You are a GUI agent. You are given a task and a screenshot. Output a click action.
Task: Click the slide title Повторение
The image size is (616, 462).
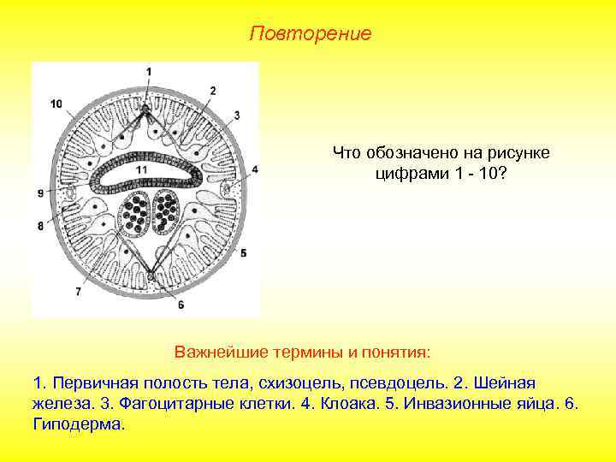pos(311,34)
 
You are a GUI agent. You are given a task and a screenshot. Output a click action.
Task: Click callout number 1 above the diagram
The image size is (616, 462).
pos(148,71)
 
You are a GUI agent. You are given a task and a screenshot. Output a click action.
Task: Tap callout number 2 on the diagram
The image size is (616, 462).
pos(213,91)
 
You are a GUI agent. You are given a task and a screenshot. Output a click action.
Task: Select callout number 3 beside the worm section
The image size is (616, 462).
pos(236,115)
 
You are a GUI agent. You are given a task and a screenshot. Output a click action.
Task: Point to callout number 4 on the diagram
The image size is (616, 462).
pos(254,170)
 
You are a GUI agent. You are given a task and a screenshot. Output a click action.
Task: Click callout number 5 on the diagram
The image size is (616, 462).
pos(243,253)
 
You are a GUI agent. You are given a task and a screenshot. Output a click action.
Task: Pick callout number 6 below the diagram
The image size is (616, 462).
pos(181,305)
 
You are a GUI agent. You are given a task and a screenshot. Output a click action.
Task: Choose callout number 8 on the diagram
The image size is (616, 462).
pos(40,226)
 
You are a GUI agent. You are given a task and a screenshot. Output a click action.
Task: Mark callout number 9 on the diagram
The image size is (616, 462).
pos(40,194)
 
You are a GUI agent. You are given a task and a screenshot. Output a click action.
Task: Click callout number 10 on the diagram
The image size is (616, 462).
pos(56,104)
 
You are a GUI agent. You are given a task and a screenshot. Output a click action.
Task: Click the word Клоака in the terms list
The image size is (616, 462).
pos(350,402)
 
